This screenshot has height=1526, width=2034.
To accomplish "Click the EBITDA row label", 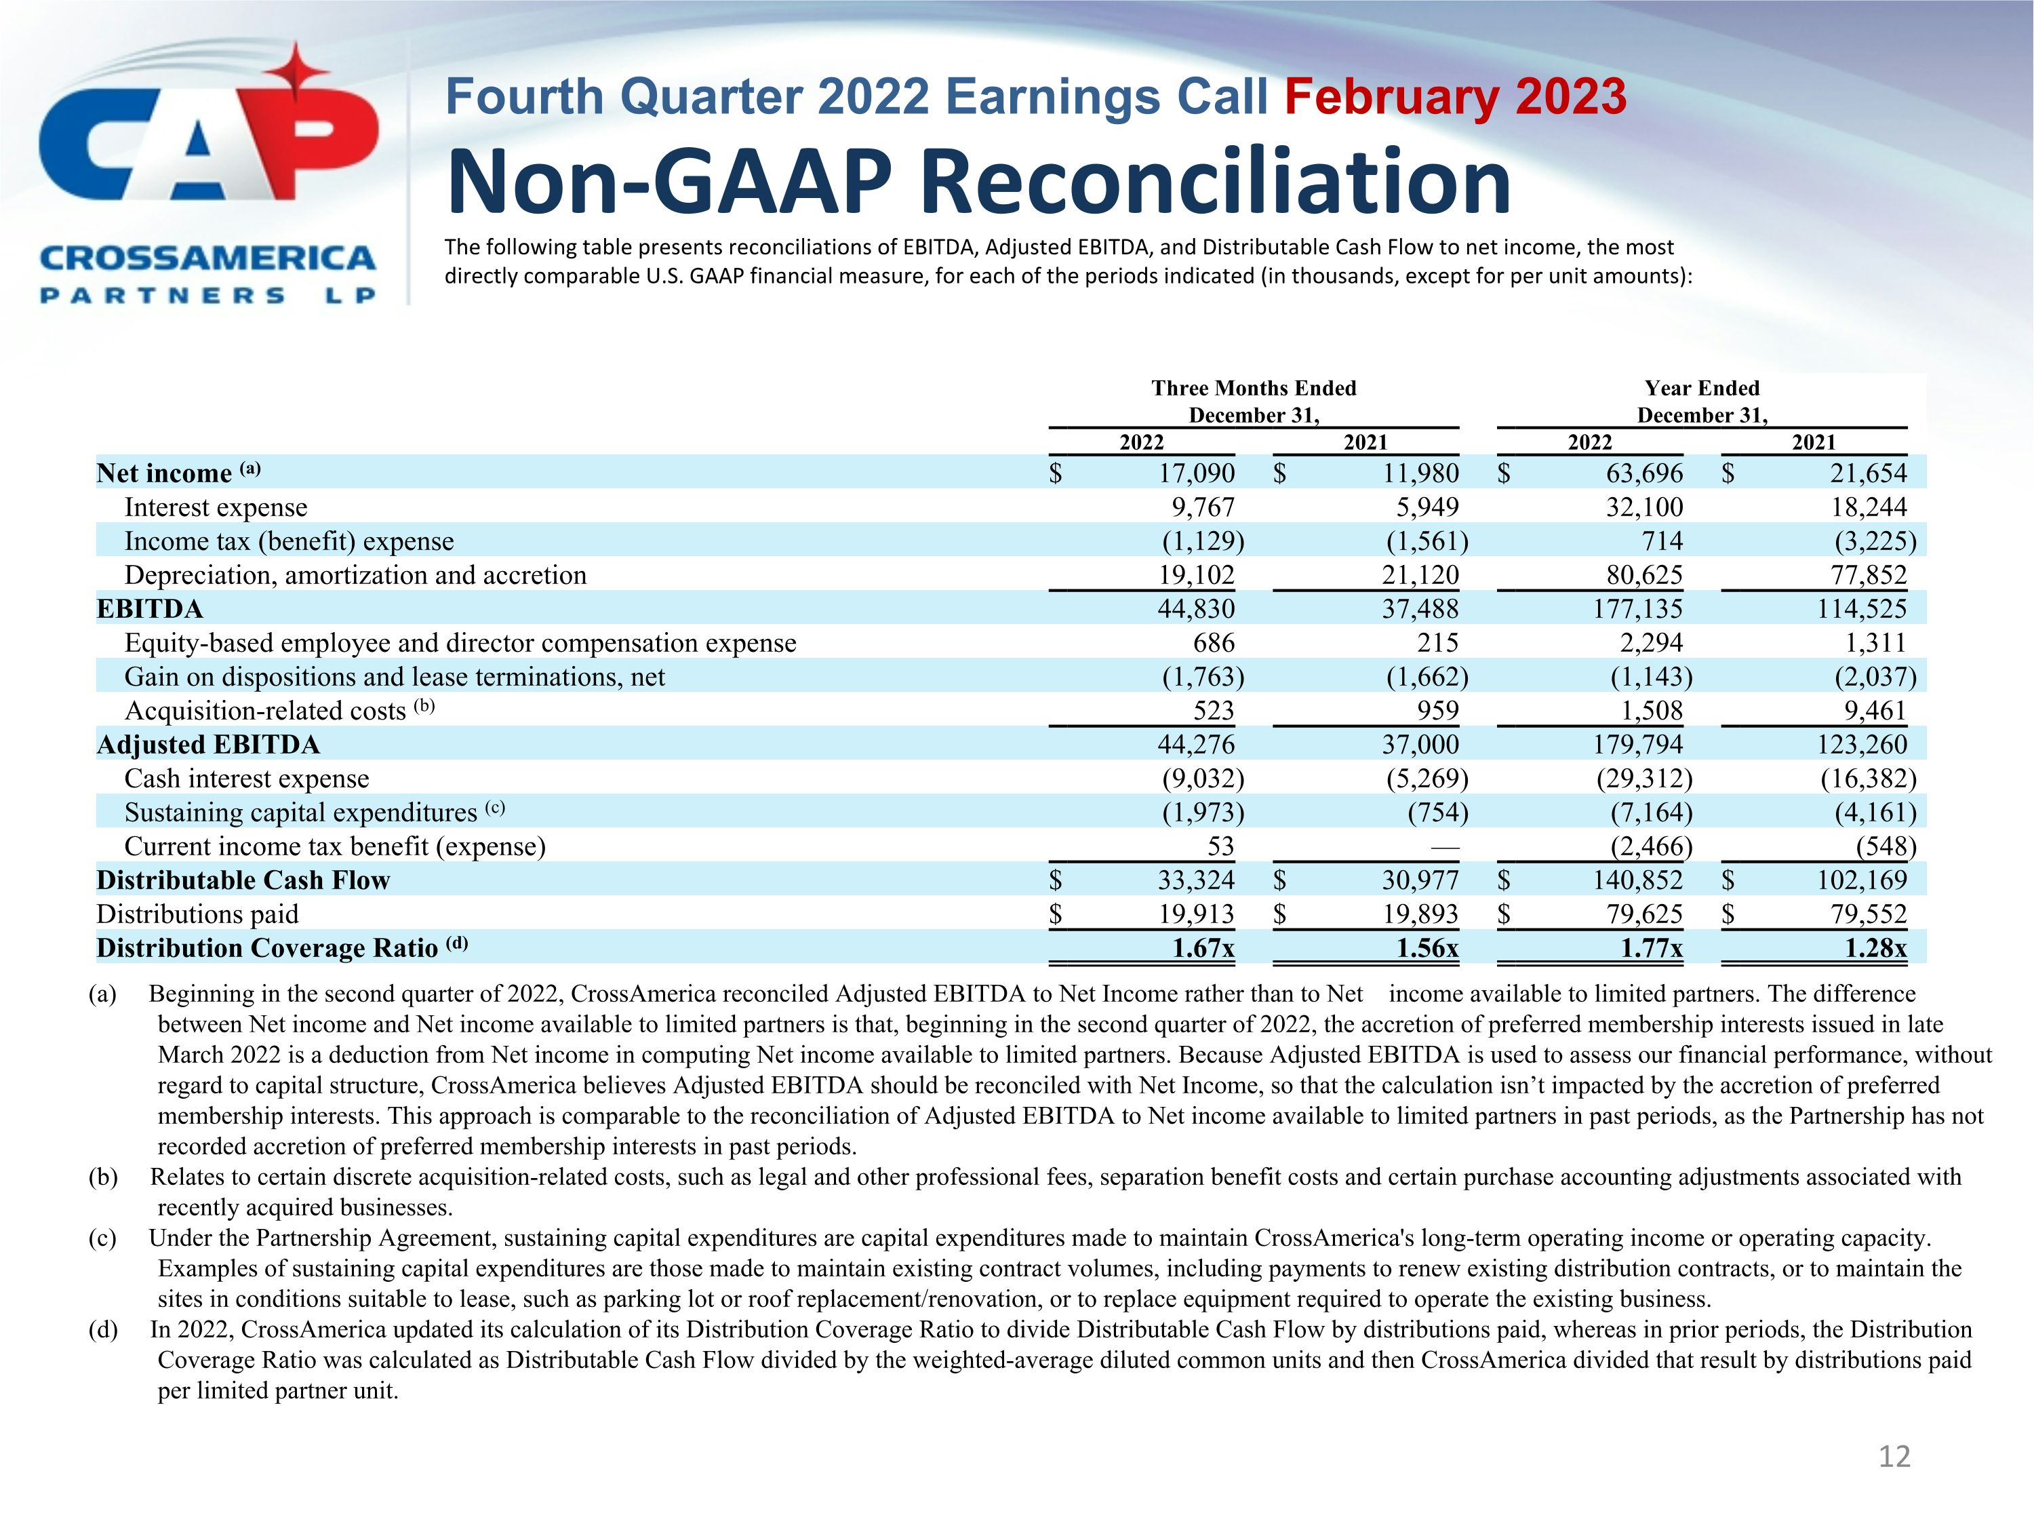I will pyautogui.click(x=150, y=609).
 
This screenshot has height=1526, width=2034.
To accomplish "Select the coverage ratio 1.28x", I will pyautogui.click(x=1876, y=948).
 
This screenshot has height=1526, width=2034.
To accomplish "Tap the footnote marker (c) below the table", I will pyautogui.click(x=102, y=1238).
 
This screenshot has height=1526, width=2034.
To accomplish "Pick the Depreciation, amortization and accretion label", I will pyautogui.click(x=355, y=575).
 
